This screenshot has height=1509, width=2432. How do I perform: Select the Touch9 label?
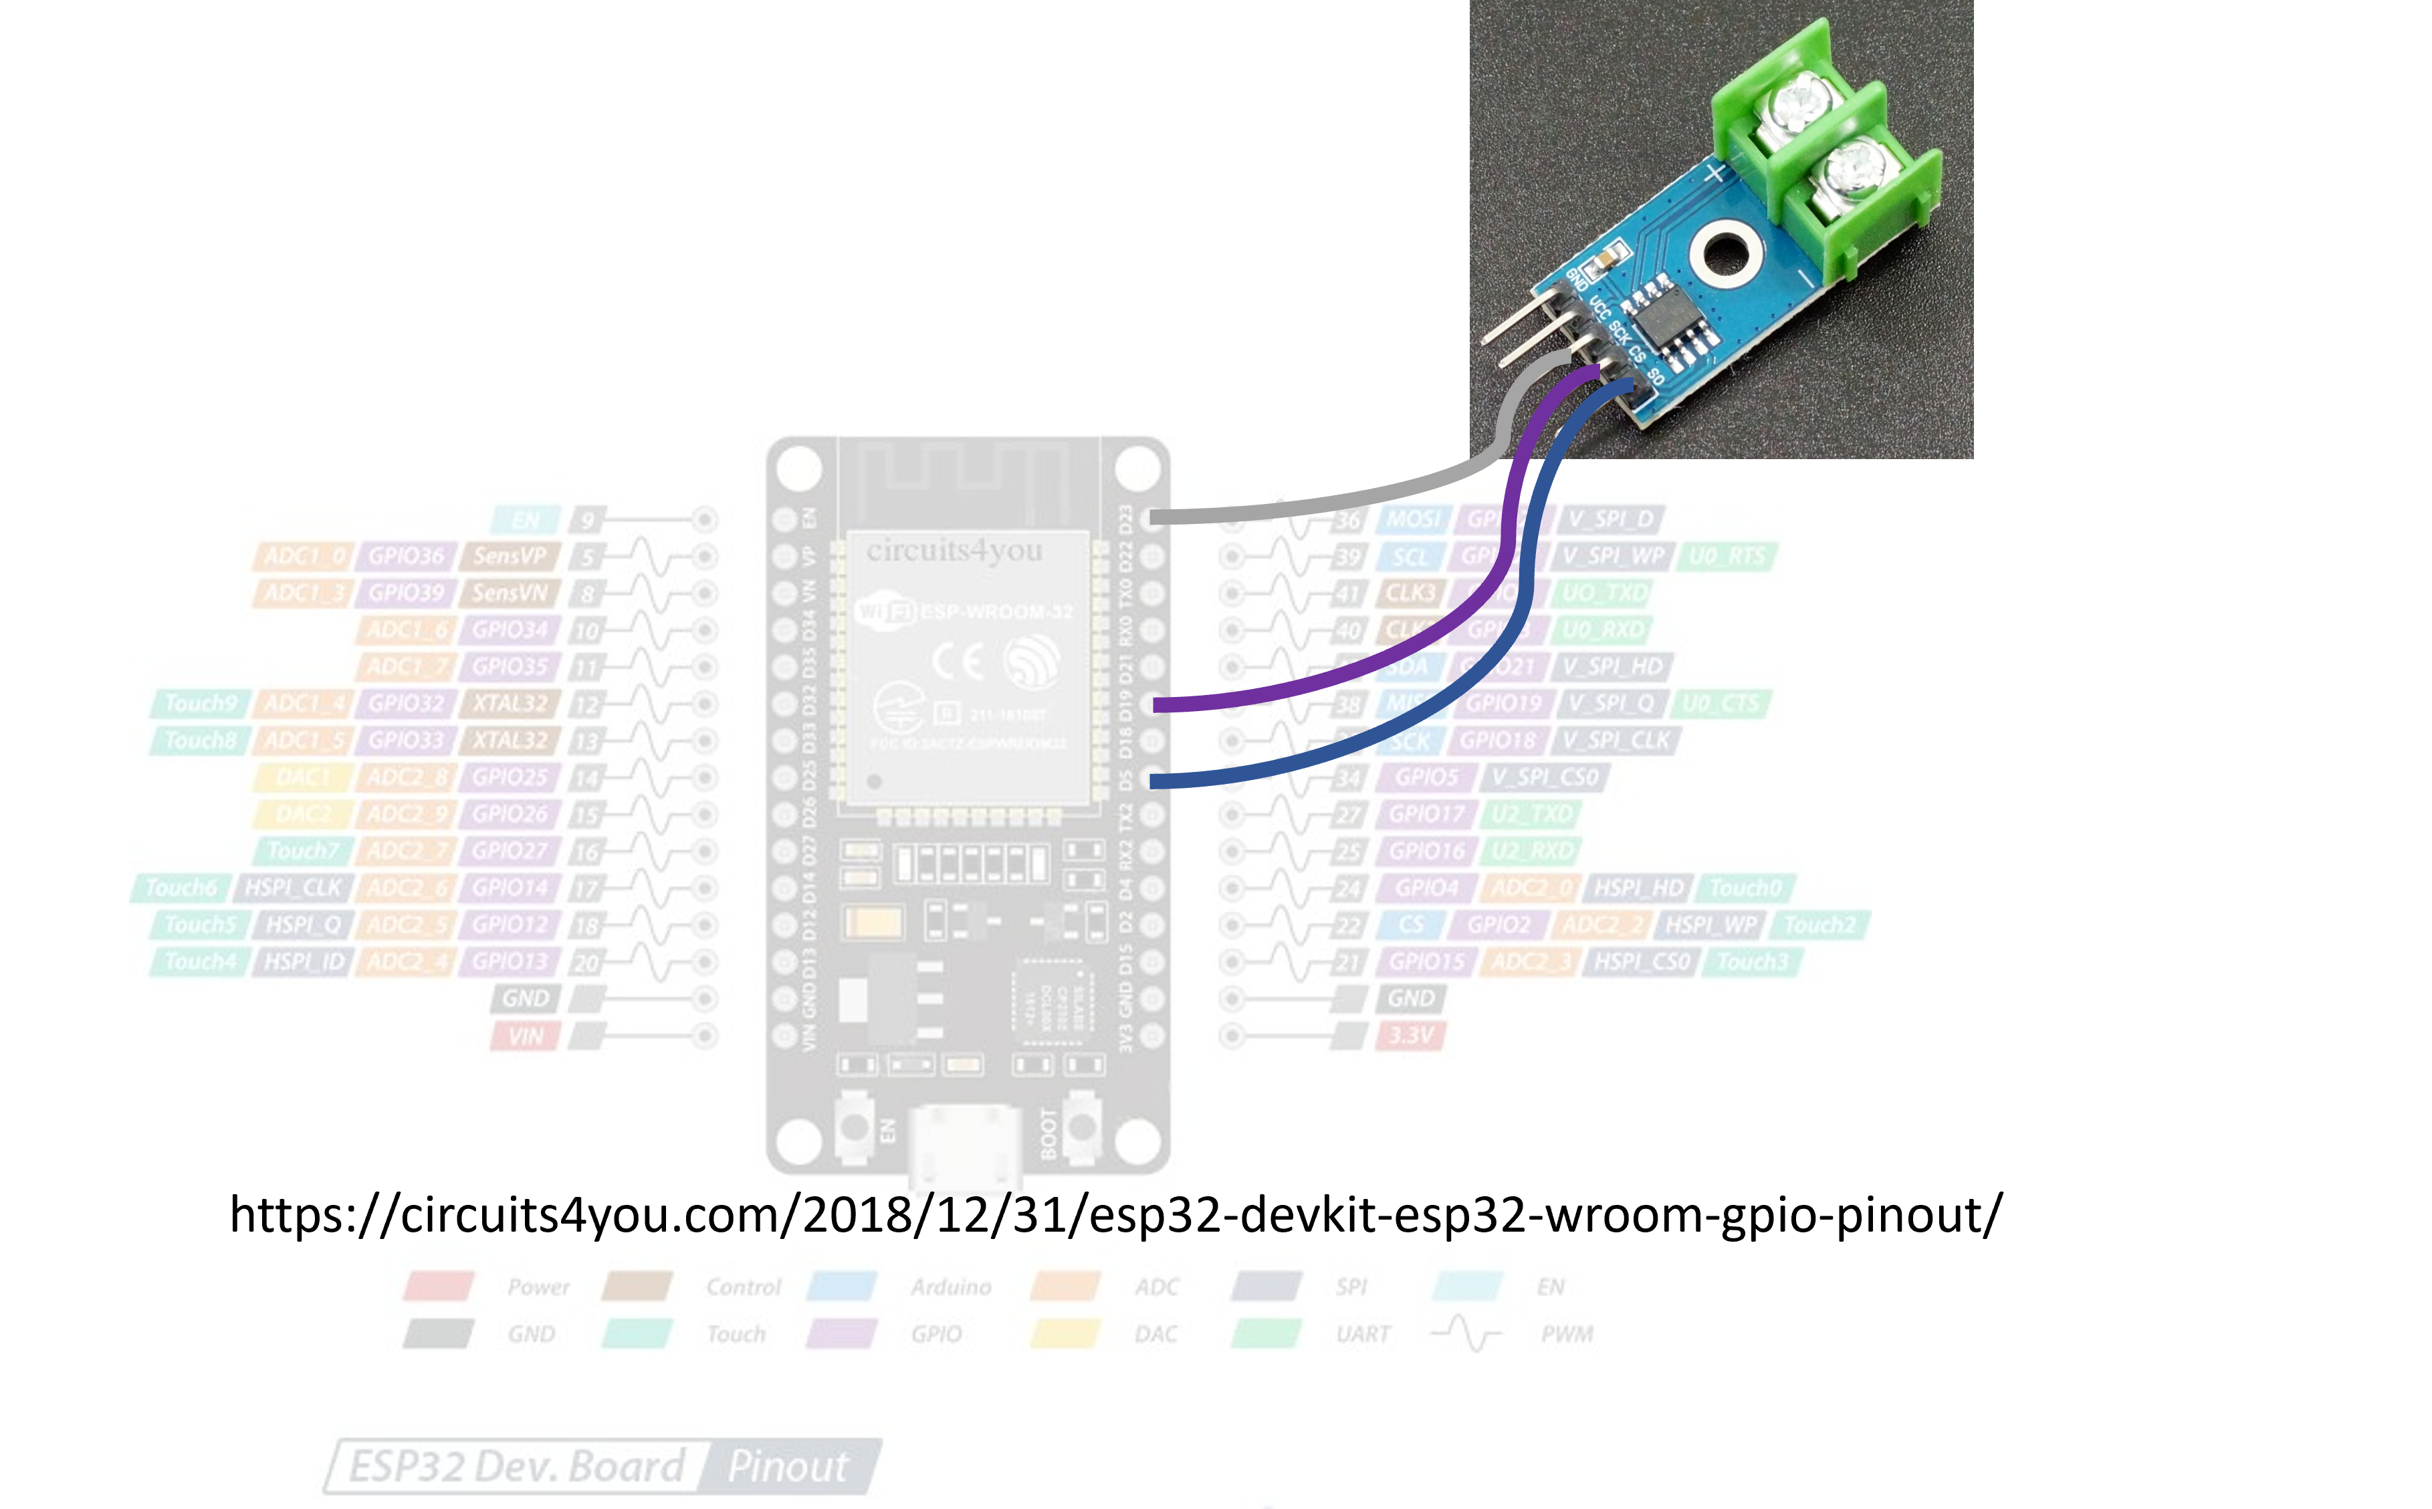[201, 704]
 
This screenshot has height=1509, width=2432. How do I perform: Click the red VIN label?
[525, 1036]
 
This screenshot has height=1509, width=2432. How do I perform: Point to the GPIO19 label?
[1503, 704]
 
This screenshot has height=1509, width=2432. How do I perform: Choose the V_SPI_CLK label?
[1616, 740]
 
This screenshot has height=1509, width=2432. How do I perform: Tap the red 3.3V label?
[1411, 1036]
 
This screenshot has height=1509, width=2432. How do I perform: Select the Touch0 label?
[1745, 888]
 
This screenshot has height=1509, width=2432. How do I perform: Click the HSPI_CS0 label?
[1642, 962]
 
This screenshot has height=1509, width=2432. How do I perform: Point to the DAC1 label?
[302, 777]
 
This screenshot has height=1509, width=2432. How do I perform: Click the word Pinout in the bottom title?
[788, 1467]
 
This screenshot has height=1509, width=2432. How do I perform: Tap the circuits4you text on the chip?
[954, 551]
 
